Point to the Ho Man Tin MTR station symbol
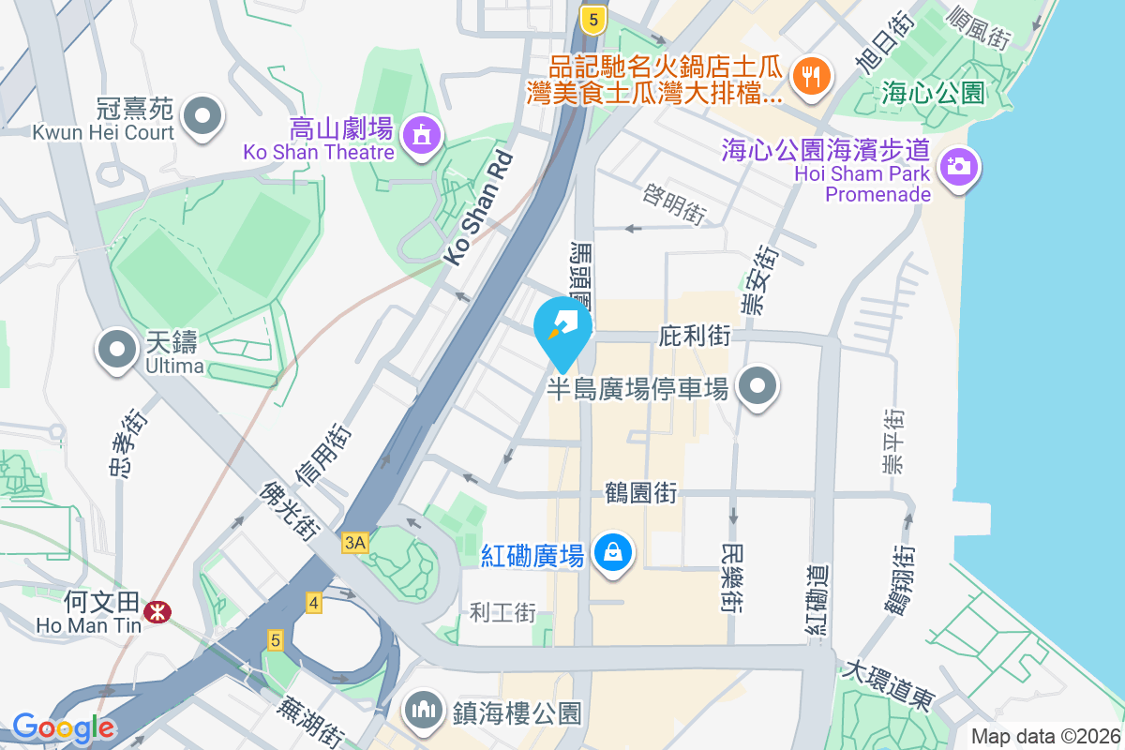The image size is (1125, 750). (157, 613)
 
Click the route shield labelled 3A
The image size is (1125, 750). (355, 543)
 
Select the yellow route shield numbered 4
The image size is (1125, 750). (313, 602)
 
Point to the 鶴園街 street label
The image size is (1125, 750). (641, 492)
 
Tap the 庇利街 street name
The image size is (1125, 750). (695, 335)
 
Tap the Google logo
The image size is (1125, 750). (63, 727)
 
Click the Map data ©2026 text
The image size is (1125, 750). (1045, 737)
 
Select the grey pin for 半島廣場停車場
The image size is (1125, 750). (758, 385)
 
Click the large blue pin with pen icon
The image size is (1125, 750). (563, 328)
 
